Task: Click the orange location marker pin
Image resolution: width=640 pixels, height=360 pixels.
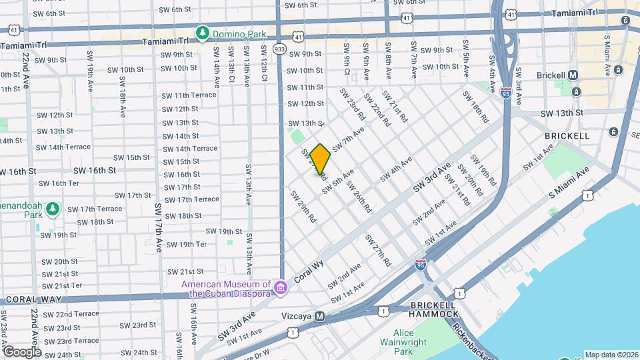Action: point(320,159)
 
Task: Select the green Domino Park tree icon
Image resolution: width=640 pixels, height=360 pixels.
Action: point(202,33)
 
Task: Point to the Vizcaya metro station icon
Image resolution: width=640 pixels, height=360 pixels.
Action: point(320,317)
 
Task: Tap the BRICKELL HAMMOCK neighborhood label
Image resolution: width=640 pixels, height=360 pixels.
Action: point(434,310)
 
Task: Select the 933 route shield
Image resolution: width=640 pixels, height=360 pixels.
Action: point(280,49)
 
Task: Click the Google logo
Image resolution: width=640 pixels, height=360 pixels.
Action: point(22,351)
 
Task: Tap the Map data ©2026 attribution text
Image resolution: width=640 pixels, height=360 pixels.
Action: point(611,355)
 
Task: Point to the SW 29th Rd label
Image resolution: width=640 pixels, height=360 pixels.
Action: point(302,206)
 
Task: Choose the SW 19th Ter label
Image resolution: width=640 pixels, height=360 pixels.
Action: point(187,244)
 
